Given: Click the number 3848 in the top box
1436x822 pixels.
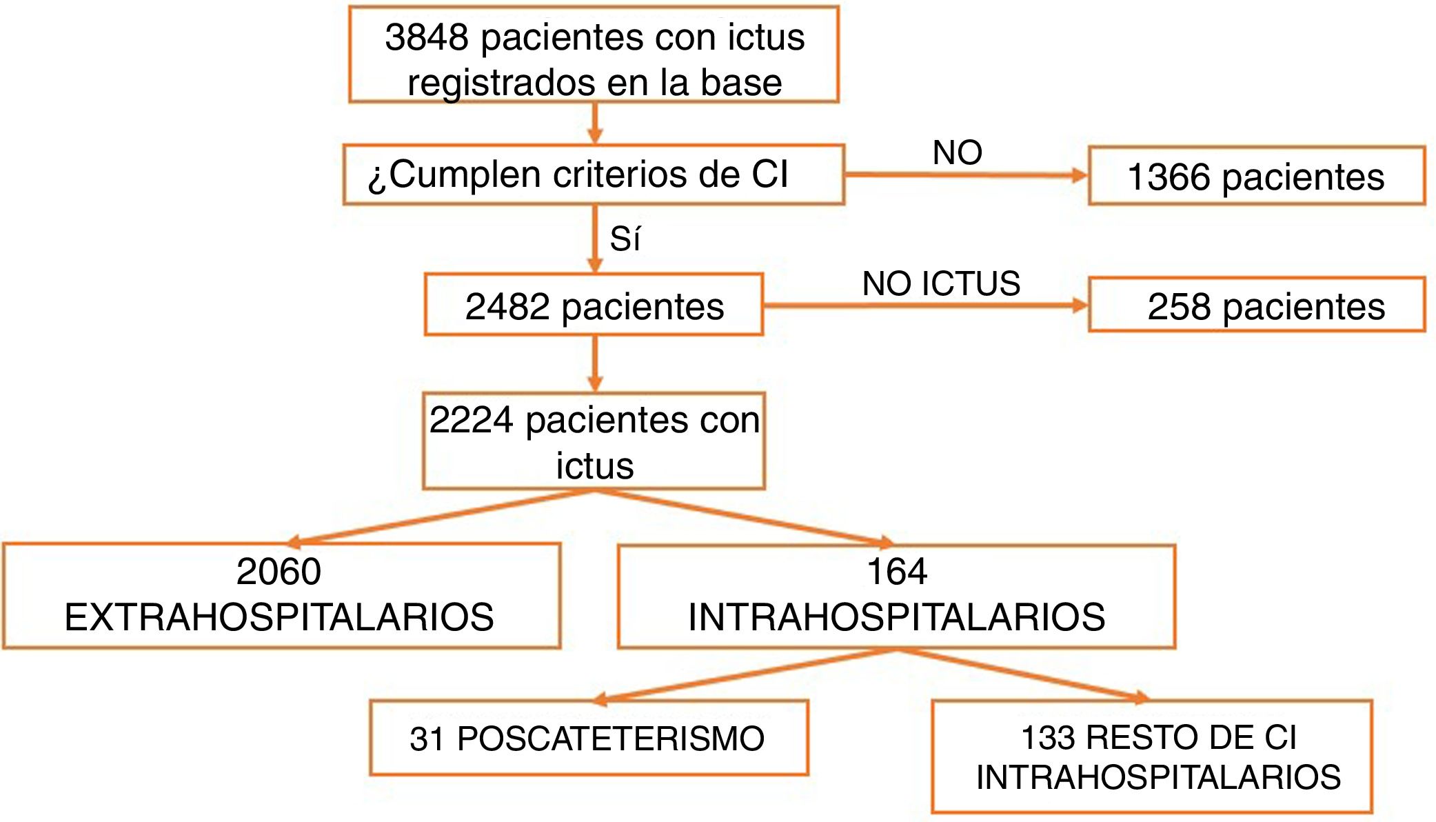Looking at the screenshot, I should pyautogui.click(x=426, y=37).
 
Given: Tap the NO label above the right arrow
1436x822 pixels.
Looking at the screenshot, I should pyautogui.click(x=957, y=152).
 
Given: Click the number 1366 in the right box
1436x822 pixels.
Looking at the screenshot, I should pyautogui.click(x=1169, y=177).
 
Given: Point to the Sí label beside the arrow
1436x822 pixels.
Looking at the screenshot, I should pyautogui.click(x=625, y=239).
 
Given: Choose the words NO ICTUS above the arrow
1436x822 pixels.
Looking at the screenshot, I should pyautogui.click(x=941, y=283).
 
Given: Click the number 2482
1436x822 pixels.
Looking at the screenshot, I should pyautogui.click(x=507, y=307).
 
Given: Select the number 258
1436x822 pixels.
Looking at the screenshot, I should pyautogui.click(x=1179, y=307).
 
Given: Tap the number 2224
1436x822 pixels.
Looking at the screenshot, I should pyautogui.click(x=471, y=420).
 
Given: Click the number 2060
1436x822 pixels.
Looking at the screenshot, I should pyautogui.click(x=279, y=572).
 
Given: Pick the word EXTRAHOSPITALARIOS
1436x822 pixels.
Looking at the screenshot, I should pyautogui.click(x=279, y=617).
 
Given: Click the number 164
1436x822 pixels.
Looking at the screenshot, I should pyautogui.click(x=896, y=572).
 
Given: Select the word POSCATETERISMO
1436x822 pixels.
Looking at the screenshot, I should pyautogui.click(x=611, y=739).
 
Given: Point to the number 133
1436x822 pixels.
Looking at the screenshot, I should pyautogui.click(x=1048, y=738).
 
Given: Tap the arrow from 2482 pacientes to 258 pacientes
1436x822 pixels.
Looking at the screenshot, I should pyautogui.click(x=924, y=305).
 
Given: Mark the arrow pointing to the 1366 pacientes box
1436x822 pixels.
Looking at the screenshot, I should pyautogui.click(x=965, y=175).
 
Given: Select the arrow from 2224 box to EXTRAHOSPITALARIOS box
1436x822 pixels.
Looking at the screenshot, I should pyautogui.click(x=441, y=517).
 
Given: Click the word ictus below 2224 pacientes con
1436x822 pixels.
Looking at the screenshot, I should pyautogui.click(x=594, y=465).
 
